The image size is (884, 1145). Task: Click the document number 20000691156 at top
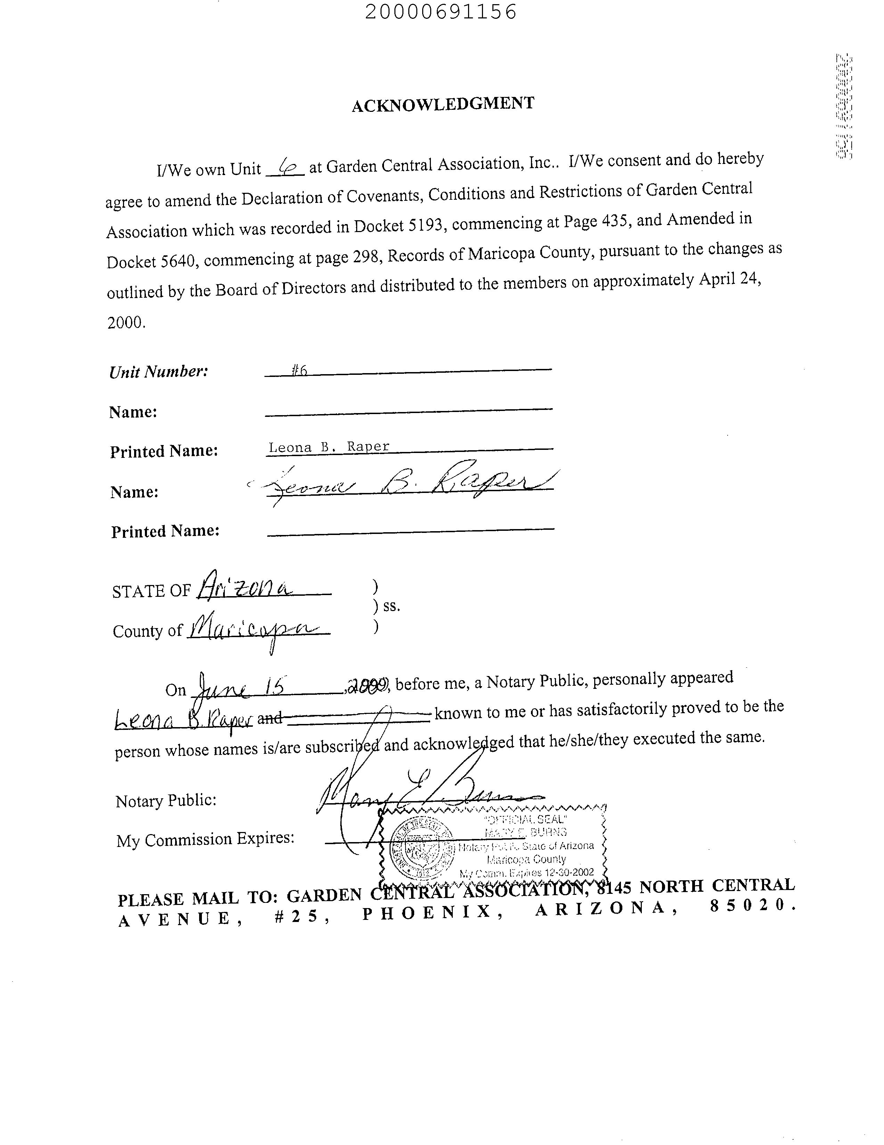(440, 11)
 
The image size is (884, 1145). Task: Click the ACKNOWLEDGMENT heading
(443, 104)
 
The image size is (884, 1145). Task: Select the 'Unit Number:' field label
(158, 372)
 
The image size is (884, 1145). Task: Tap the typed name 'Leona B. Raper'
(329, 447)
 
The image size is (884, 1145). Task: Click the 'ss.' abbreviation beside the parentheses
(391, 606)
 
